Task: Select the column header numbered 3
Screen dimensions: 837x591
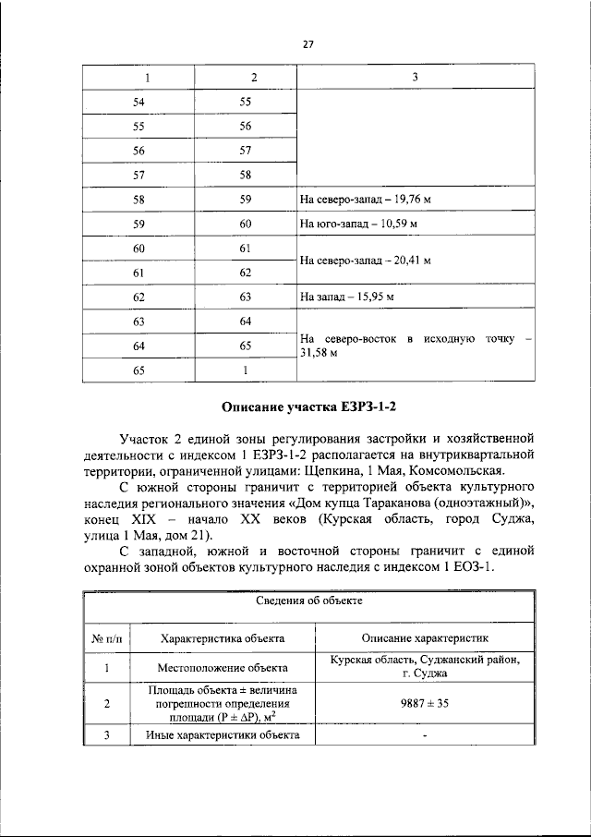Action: pos(415,77)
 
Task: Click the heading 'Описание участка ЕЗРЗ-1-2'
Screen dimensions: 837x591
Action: pos(309,406)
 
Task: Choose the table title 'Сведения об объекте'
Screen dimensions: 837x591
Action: pos(308,600)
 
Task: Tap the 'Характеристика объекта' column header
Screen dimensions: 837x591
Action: pos(223,637)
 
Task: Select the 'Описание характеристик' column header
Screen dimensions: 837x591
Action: pos(425,637)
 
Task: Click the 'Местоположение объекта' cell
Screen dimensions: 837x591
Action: pos(223,666)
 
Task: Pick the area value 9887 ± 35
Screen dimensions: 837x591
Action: pos(425,703)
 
